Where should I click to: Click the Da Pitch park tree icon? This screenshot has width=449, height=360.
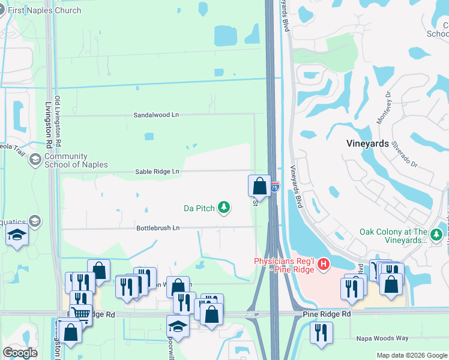coord(224,208)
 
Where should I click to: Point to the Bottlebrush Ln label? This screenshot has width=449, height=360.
coord(158,228)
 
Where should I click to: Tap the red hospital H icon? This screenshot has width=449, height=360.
coord(324,264)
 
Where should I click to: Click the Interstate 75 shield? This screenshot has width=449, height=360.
coord(274,187)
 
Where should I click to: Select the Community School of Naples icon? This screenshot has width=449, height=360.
coord(35,159)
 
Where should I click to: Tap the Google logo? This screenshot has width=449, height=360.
coord(20,353)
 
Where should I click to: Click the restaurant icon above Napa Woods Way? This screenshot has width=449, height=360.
coord(321,332)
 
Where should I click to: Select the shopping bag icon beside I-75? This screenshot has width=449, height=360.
coord(259,185)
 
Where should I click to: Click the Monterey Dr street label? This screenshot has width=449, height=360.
coord(384,109)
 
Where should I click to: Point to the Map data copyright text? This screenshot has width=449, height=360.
coord(411,355)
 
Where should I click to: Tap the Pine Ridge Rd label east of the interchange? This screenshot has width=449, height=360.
coord(327,314)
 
